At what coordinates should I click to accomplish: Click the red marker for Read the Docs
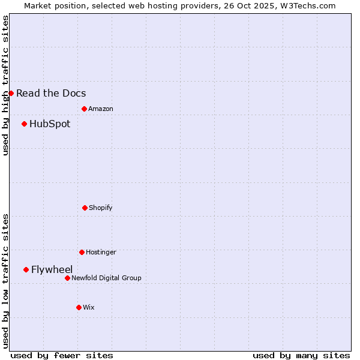11,93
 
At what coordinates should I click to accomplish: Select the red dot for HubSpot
24,124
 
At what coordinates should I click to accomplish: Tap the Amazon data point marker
84,109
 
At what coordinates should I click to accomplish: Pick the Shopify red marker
85,208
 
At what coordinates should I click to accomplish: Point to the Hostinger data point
82,252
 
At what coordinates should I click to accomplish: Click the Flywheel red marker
26,269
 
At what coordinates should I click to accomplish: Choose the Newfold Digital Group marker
67,278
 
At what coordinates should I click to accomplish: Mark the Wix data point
79,307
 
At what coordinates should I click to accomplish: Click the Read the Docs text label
51,93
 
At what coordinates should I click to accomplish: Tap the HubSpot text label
50,124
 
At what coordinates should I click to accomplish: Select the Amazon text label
101,109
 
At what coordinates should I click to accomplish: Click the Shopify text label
101,208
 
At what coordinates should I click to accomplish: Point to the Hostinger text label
101,252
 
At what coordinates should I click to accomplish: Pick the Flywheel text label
52,269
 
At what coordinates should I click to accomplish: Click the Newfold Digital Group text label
106,278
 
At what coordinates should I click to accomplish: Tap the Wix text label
89,307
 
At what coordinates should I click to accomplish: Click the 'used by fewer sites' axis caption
62,355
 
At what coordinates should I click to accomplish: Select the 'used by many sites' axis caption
301,355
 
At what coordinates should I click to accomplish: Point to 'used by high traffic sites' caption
5,85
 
